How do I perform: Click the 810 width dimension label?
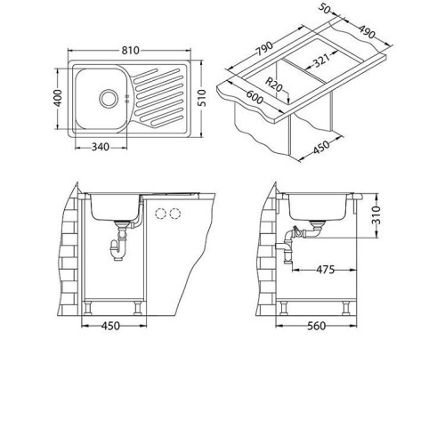pyautogui.click(x=130, y=51)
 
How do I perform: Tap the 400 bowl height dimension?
pyautogui.click(x=58, y=98)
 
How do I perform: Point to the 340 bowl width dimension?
pyautogui.click(x=101, y=147)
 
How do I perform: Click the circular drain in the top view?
pyautogui.click(x=108, y=98)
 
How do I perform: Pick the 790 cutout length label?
pyautogui.click(x=264, y=49)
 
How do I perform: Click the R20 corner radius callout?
pyautogui.click(x=273, y=85)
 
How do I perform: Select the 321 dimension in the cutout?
pyautogui.click(x=321, y=61)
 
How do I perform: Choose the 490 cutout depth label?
pyautogui.click(x=367, y=32)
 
